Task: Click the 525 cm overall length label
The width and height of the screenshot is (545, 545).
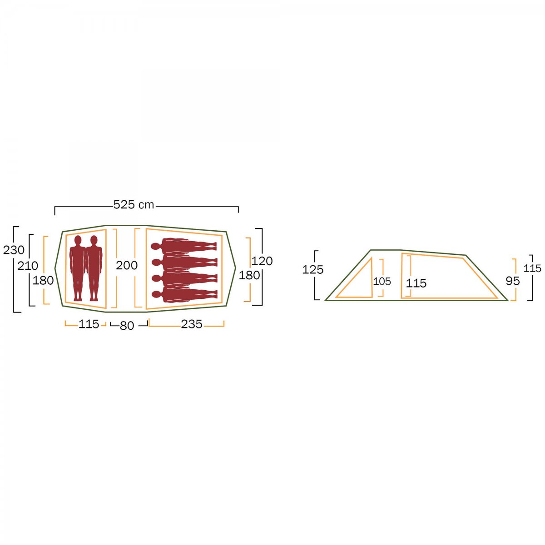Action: [x=134, y=204]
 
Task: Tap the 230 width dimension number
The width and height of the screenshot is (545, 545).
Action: [x=14, y=250]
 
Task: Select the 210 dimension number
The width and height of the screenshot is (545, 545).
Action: [x=28, y=266]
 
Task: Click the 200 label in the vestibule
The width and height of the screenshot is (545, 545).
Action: [x=127, y=265]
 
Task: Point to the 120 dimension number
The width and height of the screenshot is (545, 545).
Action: [x=262, y=261]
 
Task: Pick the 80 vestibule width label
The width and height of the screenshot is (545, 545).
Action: [x=127, y=326]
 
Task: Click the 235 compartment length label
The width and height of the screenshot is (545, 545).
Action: [x=192, y=324]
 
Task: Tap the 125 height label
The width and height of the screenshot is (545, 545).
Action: [x=313, y=269]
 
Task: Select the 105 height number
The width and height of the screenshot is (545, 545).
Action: [x=382, y=282]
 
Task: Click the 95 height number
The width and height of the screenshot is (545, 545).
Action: [x=513, y=281]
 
